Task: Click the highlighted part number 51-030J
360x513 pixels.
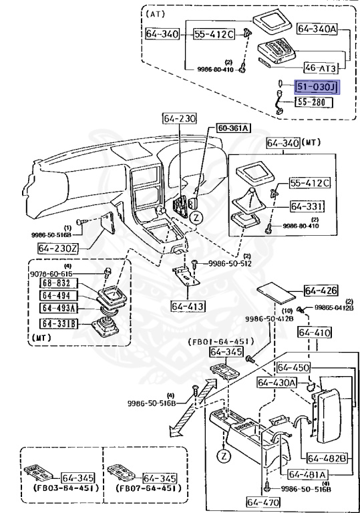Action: tap(318, 87)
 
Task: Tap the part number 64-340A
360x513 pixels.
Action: tap(317, 29)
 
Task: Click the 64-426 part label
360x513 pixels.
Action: tap(321, 290)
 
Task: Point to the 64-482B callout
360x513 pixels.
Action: tap(327, 458)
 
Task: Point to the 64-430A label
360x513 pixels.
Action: tap(278, 382)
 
